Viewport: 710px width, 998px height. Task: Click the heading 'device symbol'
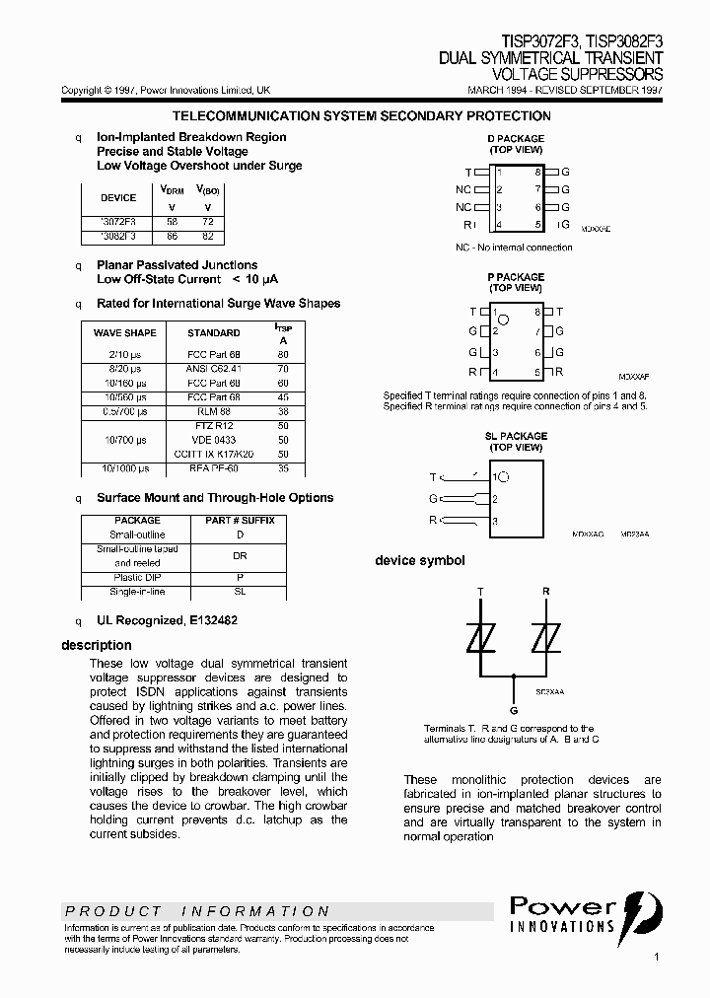point(419,561)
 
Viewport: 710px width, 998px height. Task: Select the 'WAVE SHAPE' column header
point(125,333)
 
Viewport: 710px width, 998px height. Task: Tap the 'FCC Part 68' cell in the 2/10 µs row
point(214,354)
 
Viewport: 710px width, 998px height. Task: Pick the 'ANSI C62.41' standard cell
point(214,369)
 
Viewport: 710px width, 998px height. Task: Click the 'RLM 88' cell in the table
point(214,411)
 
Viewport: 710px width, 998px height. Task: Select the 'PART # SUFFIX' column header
point(240,520)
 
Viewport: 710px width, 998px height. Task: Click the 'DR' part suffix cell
point(240,555)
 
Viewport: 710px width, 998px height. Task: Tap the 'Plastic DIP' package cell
point(138,577)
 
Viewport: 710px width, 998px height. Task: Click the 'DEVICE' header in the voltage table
point(119,197)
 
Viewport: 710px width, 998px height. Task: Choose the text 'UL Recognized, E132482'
point(167,621)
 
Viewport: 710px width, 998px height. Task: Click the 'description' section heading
point(97,645)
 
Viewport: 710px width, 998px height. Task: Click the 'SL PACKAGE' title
point(516,436)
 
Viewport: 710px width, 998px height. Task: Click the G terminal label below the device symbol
point(513,710)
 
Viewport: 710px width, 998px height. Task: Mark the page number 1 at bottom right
point(656,957)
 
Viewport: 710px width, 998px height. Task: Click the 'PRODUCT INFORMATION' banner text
point(197,911)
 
